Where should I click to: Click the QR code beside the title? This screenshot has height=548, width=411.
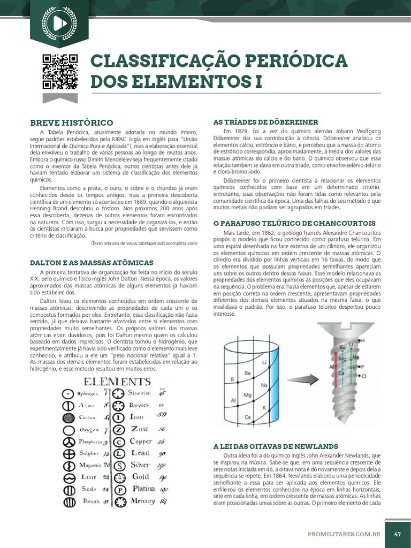pyautogui.click(x=59, y=72)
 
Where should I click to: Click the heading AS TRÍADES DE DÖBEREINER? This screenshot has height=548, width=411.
pyautogui.click(x=265, y=122)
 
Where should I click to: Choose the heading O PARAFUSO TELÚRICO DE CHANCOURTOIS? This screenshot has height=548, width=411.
pyautogui.click(x=294, y=223)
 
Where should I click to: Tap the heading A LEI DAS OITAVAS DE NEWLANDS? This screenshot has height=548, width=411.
pyautogui.click(x=275, y=446)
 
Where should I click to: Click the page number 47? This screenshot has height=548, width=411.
pyautogui.click(x=398, y=534)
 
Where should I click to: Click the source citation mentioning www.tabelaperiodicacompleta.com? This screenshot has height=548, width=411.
pyautogui.click(x=144, y=243)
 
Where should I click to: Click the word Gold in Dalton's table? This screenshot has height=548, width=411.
pyautogui.click(x=140, y=476)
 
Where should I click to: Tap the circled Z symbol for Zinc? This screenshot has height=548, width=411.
pyautogui.click(x=120, y=429)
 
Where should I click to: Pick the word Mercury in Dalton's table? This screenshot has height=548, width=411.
pyautogui.click(x=142, y=501)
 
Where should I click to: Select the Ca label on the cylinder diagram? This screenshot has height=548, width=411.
pyautogui.click(x=248, y=417)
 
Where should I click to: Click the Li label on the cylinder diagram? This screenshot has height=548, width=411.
pyautogui.click(x=264, y=362)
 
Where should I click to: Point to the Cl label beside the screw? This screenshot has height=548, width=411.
pyautogui.click(x=364, y=376)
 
